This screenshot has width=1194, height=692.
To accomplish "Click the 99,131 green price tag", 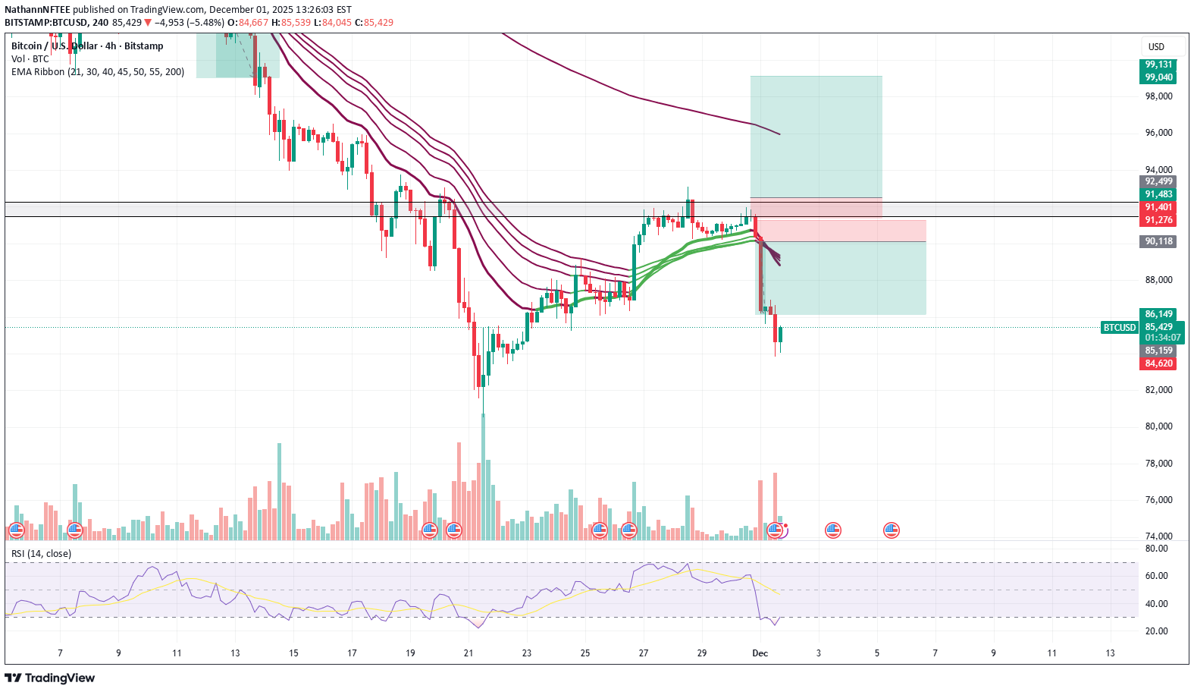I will [x=1158, y=64].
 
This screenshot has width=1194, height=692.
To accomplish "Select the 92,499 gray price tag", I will [x=1158, y=181].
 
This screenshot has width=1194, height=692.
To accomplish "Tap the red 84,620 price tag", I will [x=1158, y=363].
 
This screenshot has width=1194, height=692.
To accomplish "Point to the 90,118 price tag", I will [x=1158, y=241].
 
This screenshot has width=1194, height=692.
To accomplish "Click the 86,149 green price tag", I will [x=1158, y=314].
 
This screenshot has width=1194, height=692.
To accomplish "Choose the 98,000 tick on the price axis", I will [x=1158, y=96].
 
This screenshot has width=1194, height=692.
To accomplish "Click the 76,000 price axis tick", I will [x=1158, y=500].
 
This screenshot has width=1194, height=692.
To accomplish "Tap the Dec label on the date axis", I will [x=760, y=653].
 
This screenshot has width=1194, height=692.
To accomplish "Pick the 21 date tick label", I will [x=469, y=653].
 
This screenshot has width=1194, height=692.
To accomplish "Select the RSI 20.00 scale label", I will [x=1156, y=631].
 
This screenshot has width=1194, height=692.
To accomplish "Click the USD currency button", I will [x=1156, y=47].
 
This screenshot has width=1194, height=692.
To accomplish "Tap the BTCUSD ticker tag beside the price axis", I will [x=1119, y=328].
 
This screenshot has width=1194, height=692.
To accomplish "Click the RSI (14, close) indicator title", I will [x=41, y=554].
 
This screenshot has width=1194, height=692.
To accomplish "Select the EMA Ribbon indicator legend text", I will [x=98, y=72].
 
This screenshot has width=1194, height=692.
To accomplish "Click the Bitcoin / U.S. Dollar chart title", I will [x=87, y=46].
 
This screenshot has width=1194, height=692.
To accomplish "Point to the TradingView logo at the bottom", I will [x=50, y=678].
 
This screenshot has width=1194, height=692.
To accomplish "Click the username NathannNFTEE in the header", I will [x=37, y=10].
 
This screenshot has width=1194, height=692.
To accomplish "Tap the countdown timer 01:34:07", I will [x=1162, y=338].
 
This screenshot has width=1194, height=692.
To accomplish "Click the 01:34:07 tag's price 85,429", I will [x=1158, y=328].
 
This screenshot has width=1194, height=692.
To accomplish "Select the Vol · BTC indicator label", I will [x=30, y=59].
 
